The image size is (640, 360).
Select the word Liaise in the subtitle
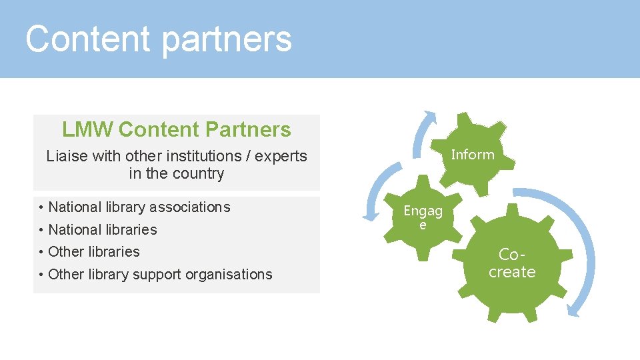[x=65, y=156]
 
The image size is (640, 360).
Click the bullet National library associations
[x=139, y=207]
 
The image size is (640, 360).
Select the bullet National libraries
[x=103, y=230]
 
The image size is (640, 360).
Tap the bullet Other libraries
[x=94, y=252]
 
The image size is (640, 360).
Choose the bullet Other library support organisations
[x=160, y=275]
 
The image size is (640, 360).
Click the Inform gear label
[x=473, y=155]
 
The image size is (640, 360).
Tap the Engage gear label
[x=423, y=217]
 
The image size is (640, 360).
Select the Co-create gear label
[x=512, y=263]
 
